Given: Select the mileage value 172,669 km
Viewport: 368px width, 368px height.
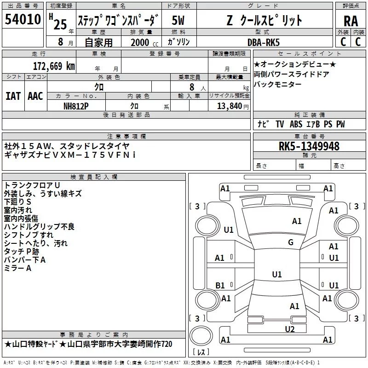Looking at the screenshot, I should point(54,66).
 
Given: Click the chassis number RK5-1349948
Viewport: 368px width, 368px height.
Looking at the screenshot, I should point(309,147).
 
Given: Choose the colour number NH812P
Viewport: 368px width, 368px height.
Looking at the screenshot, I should point(76,106).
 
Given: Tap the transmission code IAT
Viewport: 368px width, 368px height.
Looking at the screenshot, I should point(13,96).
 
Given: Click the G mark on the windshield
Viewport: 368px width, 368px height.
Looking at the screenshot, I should point(290,242).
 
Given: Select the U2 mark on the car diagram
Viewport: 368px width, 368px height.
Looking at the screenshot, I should point(289,329).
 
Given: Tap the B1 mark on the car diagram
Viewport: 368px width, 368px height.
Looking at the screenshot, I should point(220,286).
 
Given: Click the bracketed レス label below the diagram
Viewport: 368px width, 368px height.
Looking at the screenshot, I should point(201,353).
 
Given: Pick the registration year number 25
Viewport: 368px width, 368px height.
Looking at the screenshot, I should point(60,24).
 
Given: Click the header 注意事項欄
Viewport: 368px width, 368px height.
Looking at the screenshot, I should point(126,137).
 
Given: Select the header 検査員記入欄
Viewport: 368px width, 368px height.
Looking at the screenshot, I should point(94,177).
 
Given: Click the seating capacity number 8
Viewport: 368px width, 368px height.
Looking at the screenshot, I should point(190,86).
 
